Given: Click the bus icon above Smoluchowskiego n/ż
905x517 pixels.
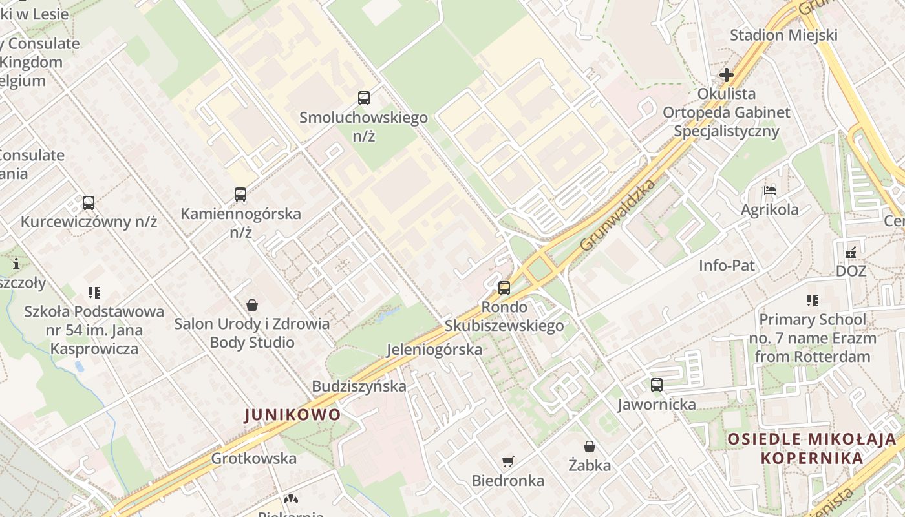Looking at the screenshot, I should [364, 98].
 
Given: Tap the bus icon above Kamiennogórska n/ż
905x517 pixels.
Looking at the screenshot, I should [240, 194].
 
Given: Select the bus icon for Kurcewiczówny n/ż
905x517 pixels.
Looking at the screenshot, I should [89, 202].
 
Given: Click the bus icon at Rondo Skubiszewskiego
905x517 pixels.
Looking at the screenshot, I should [504, 288].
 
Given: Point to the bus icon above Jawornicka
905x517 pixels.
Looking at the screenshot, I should [657, 385].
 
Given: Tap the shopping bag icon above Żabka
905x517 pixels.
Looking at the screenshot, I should [590, 447].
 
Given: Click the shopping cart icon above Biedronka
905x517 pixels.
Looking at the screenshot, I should [508, 461].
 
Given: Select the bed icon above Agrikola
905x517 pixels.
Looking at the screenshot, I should [769, 191].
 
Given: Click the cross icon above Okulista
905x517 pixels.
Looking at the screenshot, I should [727, 75].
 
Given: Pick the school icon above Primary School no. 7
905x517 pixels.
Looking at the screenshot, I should [813, 301].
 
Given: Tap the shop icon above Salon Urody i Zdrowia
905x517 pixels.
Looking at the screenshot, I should [252, 305].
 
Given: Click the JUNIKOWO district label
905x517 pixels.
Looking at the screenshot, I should [293, 415].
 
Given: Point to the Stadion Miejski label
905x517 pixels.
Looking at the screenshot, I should [783, 35].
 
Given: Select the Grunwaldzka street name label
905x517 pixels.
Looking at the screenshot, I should [617, 215].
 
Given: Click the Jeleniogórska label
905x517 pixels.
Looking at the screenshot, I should [434, 350].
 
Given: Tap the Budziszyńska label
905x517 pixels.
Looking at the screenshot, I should [359, 386].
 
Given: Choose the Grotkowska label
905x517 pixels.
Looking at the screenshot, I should [254, 459].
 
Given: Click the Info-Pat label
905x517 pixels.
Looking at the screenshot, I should [727, 265].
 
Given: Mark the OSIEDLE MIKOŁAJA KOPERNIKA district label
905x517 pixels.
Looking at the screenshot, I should [812, 448].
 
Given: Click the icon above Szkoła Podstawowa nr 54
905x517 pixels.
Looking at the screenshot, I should [94, 293].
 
